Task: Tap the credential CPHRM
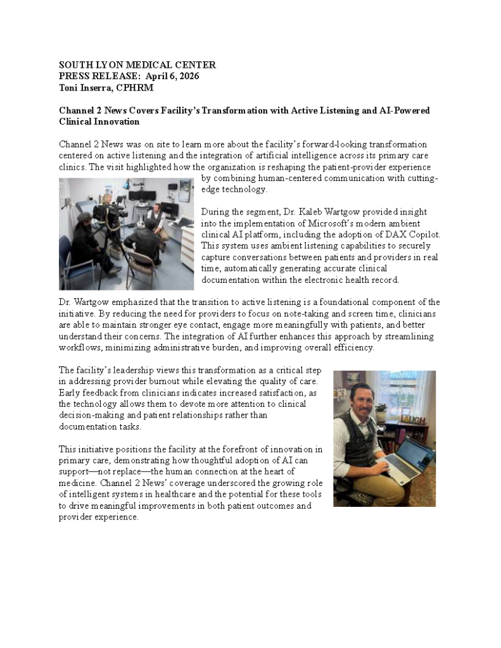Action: [x=135, y=87]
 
